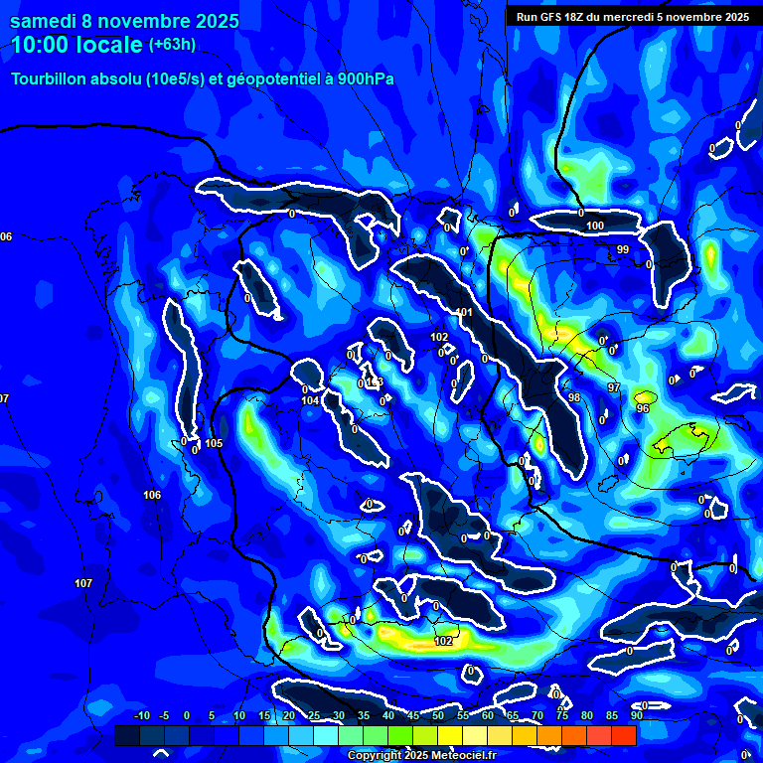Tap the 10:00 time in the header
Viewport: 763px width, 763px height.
pyautogui.click(x=41, y=45)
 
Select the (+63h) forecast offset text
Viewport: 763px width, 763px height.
pyautogui.click(x=172, y=45)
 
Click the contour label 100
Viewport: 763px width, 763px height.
pyautogui.click(x=595, y=227)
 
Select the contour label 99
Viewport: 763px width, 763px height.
pyautogui.click(x=623, y=249)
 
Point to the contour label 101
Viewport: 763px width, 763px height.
pyautogui.click(x=465, y=313)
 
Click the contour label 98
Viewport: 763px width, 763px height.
pyautogui.click(x=574, y=397)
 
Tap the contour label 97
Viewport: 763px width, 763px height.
pyautogui.click(x=614, y=387)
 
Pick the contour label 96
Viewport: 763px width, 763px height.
pyautogui.click(x=643, y=408)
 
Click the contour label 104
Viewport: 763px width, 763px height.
pyautogui.click(x=311, y=400)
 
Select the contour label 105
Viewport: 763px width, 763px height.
pyautogui.click(x=215, y=443)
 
